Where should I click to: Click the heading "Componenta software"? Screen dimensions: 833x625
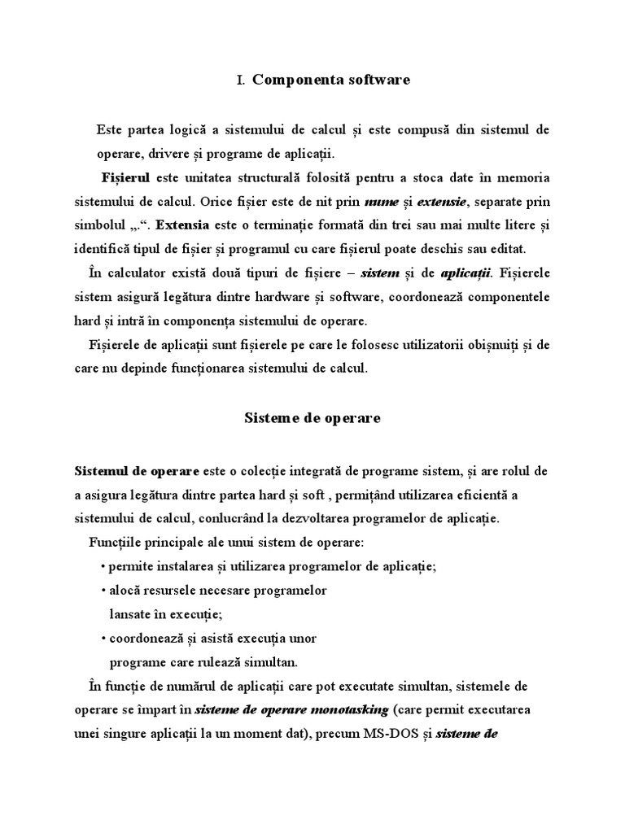(331, 80)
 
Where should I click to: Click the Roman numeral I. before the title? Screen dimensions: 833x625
(240, 81)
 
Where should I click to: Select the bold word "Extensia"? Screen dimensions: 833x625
(182, 224)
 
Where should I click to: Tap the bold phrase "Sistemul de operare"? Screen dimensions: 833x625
(137, 472)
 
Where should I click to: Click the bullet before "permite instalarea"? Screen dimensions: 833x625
(103, 567)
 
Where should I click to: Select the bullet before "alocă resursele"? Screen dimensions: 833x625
(103, 590)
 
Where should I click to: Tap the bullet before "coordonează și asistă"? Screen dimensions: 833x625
(103, 637)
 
